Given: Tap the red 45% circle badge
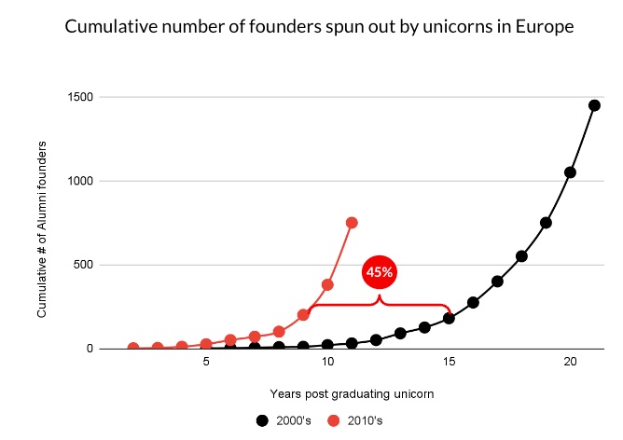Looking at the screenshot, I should pyautogui.click(x=380, y=272).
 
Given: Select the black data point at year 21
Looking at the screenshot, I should pyautogui.click(x=594, y=105).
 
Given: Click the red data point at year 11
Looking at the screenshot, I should pyautogui.click(x=352, y=223).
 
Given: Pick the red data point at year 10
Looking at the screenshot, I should pyautogui.click(x=327, y=284).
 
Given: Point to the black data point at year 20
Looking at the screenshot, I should pyautogui.click(x=570, y=172).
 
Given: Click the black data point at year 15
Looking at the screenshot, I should pyautogui.click(x=449, y=318).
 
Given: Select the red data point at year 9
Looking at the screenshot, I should pyautogui.click(x=303, y=315).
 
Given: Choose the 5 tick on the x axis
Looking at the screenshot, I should pyautogui.click(x=206, y=362).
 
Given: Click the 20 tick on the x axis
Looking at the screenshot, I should pyautogui.click(x=570, y=362).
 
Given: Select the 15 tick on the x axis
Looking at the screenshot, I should pyautogui.click(x=449, y=362).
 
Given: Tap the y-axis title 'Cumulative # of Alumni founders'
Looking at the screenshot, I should pyautogui.click(x=42, y=228).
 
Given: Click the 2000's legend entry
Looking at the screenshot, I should pyautogui.click(x=284, y=420).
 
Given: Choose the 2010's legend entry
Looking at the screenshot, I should pyautogui.click(x=355, y=420).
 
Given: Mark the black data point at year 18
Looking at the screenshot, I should pyautogui.click(x=521, y=256).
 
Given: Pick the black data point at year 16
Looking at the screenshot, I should pyautogui.click(x=473, y=302).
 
